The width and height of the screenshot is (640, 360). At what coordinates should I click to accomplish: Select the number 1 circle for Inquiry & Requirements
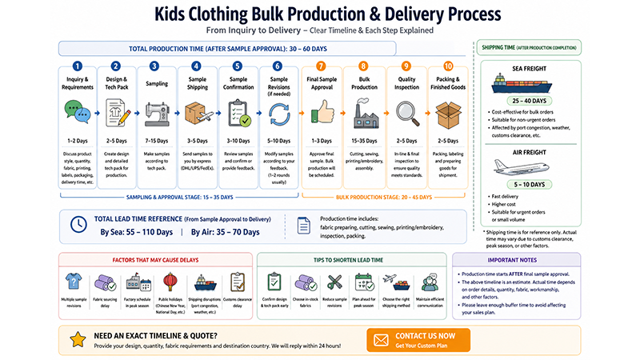coord(78,66)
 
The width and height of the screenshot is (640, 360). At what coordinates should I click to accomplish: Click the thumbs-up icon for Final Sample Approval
coord(321,113)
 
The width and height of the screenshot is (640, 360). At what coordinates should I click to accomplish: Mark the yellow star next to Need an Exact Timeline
coord(78,339)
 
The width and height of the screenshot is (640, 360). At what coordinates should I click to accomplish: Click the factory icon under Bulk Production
coord(363,113)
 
